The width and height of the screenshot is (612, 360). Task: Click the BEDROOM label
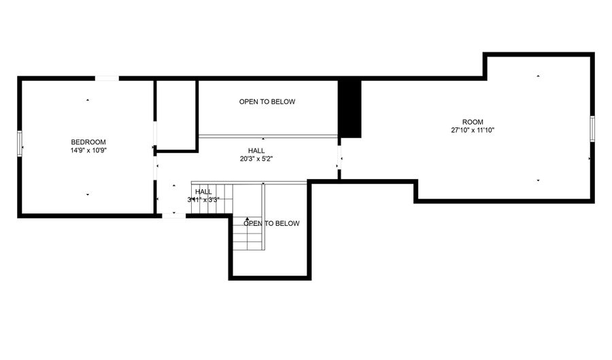click(x=88, y=142)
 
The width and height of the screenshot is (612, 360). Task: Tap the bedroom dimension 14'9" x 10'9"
click(x=88, y=150)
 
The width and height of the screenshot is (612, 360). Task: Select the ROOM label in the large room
click(x=473, y=122)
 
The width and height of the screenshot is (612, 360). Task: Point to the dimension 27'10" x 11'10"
click(x=473, y=130)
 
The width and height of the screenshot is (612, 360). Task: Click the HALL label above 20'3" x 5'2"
click(x=256, y=150)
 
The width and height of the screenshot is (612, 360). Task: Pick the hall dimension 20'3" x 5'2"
click(x=256, y=159)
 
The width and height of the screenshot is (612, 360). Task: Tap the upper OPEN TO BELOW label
click(x=267, y=101)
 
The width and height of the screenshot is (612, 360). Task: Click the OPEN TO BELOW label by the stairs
click(x=271, y=223)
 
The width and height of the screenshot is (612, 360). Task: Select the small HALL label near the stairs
click(x=203, y=192)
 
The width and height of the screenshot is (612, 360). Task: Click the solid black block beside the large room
click(x=350, y=109)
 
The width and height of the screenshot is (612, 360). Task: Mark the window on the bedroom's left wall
click(x=20, y=144)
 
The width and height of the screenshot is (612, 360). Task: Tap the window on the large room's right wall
click(x=592, y=129)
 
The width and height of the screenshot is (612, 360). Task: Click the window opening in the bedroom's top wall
click(x=107, y=78)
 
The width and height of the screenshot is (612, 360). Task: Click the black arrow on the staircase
click(x=247, y=219)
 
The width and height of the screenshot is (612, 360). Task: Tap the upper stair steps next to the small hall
click(x=212, y=199)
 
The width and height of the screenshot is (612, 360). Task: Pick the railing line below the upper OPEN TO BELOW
click(x=268, y=136)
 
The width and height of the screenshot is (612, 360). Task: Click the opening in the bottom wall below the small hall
click(x=174, y=215)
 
